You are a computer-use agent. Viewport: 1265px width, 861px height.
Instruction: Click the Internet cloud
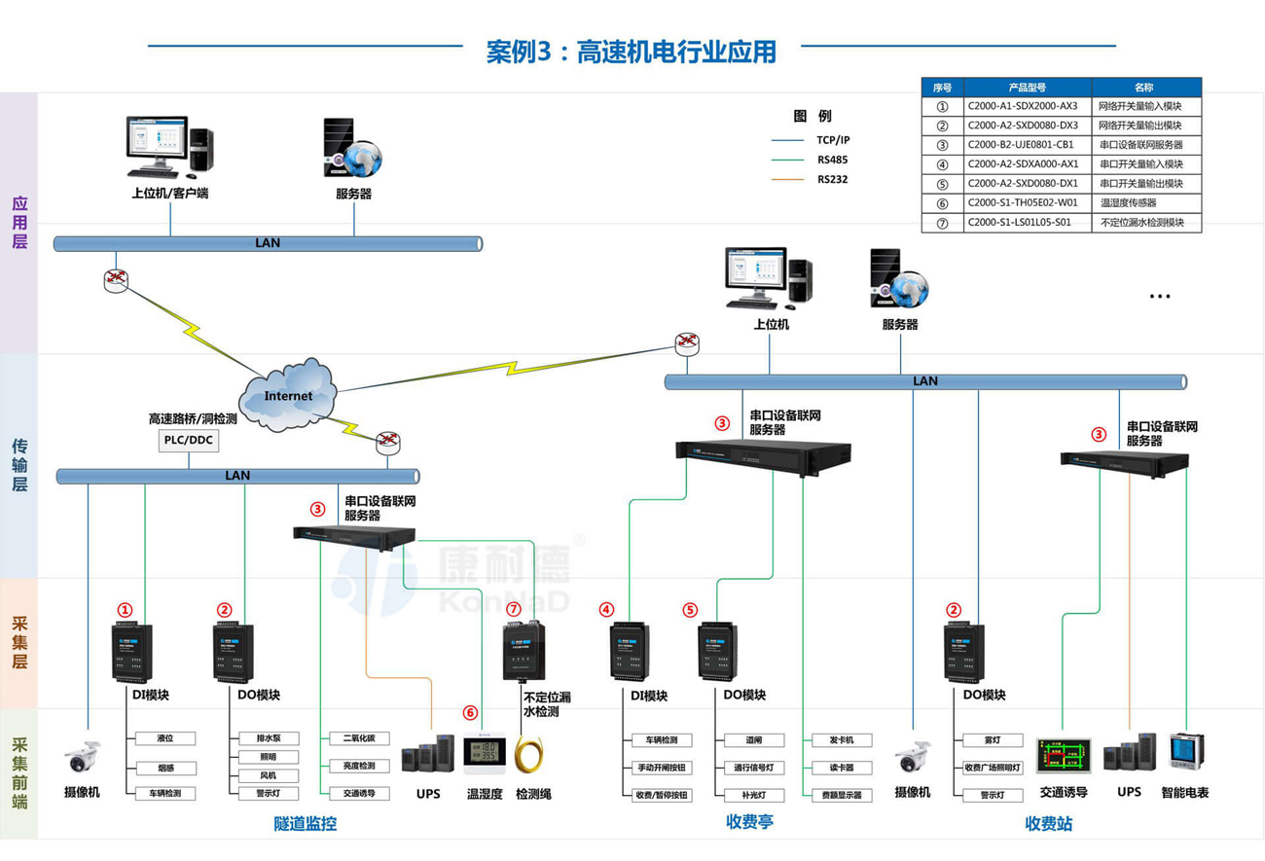point(289,395)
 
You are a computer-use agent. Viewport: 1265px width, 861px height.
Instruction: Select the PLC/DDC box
point(189,441)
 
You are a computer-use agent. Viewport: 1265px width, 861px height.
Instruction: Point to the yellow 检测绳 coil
point(533,757)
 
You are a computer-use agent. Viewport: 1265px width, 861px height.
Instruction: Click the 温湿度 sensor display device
point(484,754)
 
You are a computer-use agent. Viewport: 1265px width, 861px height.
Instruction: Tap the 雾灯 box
point(992,740)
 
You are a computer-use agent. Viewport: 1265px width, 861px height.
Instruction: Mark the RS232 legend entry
point(832,179)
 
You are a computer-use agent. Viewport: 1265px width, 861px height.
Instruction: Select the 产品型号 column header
point(1027,87)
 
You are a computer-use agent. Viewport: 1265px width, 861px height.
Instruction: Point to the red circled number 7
point(514,609)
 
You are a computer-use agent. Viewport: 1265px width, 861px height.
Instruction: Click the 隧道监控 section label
point(305,824)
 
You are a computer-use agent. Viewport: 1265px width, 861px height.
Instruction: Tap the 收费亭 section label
point(749,822)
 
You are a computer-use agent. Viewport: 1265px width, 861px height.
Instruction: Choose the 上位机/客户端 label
point(170,194)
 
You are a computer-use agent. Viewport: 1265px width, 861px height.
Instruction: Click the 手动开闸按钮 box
point(662,768)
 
